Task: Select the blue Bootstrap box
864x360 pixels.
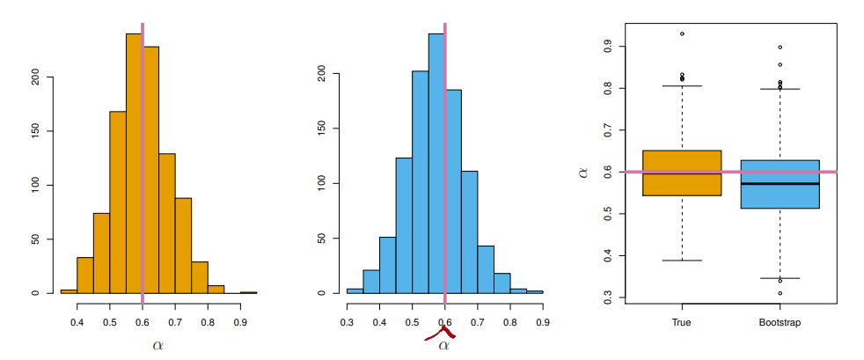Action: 780,185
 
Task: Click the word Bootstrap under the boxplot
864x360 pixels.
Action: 780,323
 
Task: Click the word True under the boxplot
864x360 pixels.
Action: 682,323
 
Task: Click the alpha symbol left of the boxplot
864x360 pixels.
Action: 583,173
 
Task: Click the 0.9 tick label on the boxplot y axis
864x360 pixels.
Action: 605,46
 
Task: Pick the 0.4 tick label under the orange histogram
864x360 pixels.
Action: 77,311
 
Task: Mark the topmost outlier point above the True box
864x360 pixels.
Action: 682,33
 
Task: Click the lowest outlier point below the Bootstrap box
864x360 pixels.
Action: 780,293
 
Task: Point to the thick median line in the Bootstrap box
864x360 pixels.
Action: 780,184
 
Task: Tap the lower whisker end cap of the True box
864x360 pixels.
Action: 682,261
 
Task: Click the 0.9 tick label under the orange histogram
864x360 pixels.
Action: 240,311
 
